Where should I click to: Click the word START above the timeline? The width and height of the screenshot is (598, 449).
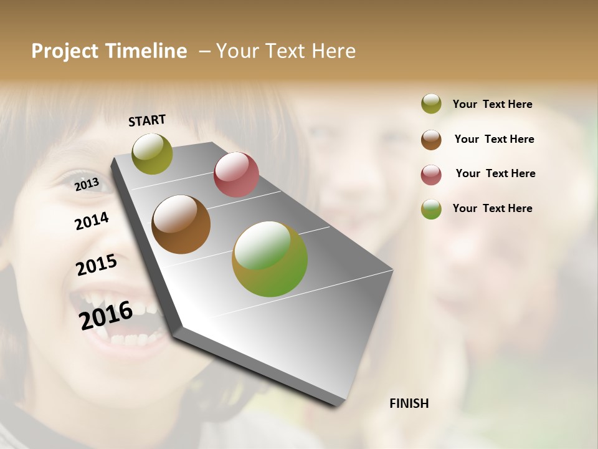[x=147, y=120]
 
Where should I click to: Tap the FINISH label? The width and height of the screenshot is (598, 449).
[x=409, y=403]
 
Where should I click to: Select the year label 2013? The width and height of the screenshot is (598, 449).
[x=87, y=184]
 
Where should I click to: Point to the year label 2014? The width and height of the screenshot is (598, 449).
[x=92, y=221]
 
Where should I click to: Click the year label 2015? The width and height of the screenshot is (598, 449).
[x=97, y=265]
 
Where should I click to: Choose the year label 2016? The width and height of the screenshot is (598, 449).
[x=106, y=315]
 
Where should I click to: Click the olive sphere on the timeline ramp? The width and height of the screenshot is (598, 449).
[x=153, y=153]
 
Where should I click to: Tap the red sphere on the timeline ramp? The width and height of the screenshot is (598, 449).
[x=236, y=175]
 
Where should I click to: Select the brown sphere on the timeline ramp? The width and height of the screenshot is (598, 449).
[x=181, y=224]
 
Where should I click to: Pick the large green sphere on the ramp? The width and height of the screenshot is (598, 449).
[x=270, y=259]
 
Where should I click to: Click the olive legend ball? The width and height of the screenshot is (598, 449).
[x=431, y=104]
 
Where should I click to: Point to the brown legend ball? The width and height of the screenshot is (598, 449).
[x=431, y=140]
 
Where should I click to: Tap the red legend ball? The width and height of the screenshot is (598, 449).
[x=431, y=175]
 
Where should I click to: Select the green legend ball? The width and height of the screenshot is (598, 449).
[x=431, y=209]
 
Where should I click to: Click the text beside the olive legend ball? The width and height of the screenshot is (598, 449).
[x=492, y=104]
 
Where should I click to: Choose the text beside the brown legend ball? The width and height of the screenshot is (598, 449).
[x=494, y=139]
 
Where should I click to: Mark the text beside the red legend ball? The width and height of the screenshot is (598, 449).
[x=495, y=173]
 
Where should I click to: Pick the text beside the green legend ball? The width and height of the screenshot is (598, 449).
[x=492, y=208]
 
